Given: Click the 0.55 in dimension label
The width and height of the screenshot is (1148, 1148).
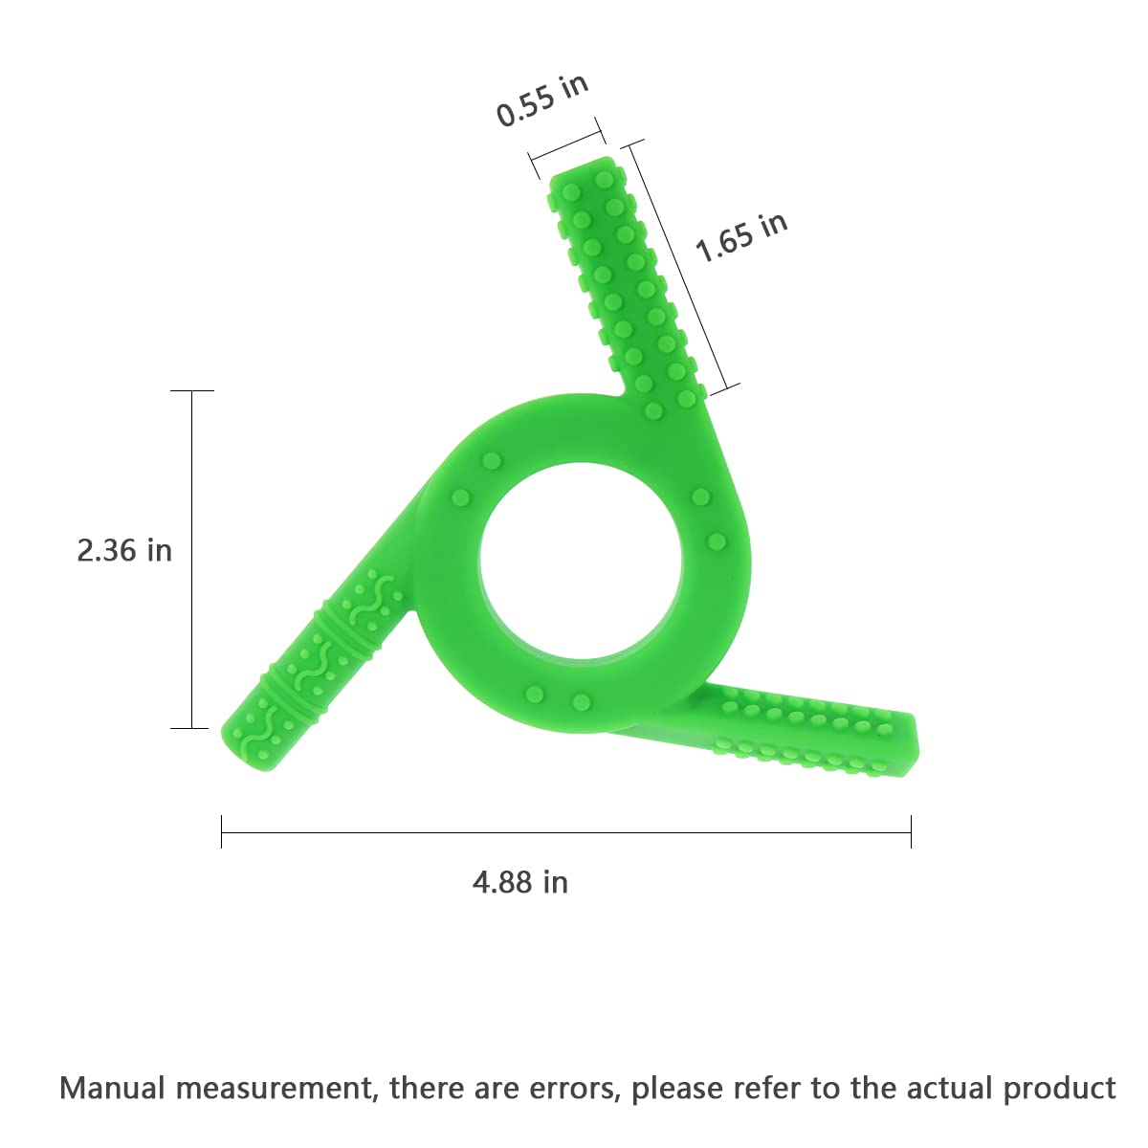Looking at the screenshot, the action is [542, 99].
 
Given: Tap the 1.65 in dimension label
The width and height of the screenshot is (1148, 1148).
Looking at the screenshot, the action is [741, 236].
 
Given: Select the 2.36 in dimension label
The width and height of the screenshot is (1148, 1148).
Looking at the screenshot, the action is [124, 550].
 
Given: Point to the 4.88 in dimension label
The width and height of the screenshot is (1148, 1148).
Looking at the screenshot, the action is [520, 882].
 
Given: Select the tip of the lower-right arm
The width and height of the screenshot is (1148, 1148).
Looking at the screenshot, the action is [912, 744].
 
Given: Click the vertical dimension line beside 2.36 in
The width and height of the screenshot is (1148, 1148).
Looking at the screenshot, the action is [192, 560].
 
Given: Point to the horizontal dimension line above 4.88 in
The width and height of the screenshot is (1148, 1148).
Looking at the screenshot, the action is [566, 832].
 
